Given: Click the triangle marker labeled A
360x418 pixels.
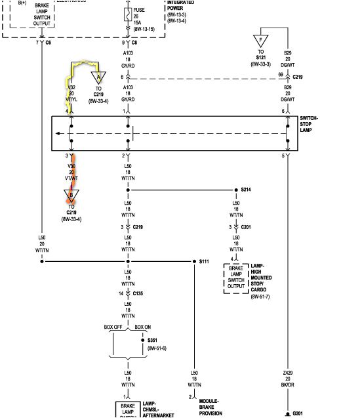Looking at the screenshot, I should pyautogui.click(x=98, y=76).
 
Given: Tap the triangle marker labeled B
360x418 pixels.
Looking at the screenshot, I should pyautogui.click(x=71, y=195).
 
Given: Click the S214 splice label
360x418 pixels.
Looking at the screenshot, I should pyautogui.click(x=246, y=190).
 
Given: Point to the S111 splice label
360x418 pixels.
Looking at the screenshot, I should pyautogui.click(x=204, y=261).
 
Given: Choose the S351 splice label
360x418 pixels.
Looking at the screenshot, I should pyautogui.click(x=153, y=340).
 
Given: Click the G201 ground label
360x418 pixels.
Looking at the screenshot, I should pyautogui.click(x=298, y=413).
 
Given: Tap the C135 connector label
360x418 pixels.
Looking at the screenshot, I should pyautogui.click(x=138, y=293).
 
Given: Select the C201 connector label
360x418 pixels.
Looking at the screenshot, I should pyautogui.click(x=246, y=227).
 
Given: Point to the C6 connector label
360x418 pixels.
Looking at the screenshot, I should pyautogui.click(x=49, y=43).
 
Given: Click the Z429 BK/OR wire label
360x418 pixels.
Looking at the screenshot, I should pyautogui.click(x=287, y=379).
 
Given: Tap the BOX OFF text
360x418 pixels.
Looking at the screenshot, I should pyautogui.click(x=113, y=327).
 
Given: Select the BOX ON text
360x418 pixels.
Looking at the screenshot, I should pyautogui.click(x=142, y=327).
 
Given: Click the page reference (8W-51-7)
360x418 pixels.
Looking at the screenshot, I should pyautogui.click(x=261, y=297).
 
